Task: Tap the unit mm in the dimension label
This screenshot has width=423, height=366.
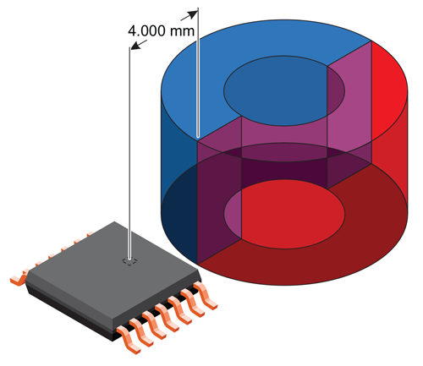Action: [184, 32]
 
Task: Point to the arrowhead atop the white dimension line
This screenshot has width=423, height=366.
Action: [195, 13]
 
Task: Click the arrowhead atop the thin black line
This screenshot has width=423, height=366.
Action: [131, 48]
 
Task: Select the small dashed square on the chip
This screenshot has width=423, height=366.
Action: [129, 263]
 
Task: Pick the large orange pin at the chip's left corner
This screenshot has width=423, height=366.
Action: [16, 276]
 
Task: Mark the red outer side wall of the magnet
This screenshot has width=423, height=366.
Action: [393, 161]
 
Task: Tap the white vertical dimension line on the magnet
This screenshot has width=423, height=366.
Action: [197, 85]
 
